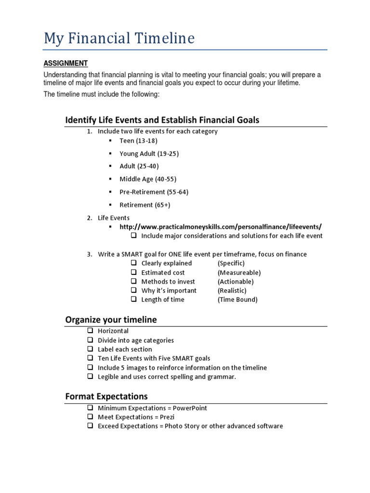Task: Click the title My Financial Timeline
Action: [119, 38]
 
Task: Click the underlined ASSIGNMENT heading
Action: [66, 63]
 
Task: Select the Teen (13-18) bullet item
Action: [138, 141]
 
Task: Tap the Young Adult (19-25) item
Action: [149, 154]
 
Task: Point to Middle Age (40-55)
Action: [147, 179]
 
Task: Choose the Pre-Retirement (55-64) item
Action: [154, 192]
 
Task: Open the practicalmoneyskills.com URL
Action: [220, 227]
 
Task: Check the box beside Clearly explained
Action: [134, 263]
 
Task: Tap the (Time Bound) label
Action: [237, 299]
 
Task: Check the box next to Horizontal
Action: [91, 331]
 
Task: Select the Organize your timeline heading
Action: [111, 320]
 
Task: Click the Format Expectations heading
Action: [106, 396]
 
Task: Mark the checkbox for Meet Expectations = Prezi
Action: [91, 417]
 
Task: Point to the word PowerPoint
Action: [190, 408]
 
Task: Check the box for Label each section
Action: [91, 349]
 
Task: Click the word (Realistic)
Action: [232, 290]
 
